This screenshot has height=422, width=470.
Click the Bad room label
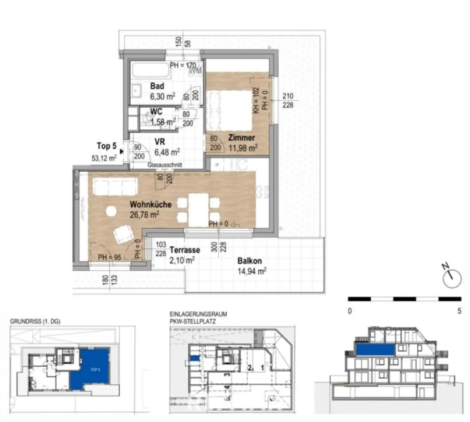click(x=157, y=86)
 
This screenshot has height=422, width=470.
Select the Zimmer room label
click(x=241, y=138)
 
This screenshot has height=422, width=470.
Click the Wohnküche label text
click(x=151, y=204)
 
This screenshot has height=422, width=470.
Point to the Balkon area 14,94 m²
click(x=252, y=271)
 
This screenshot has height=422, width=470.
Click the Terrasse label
click(x=185, y=250)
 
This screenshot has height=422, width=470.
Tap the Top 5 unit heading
click(x=106, y=146)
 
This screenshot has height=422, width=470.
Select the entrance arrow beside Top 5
click(x=121, y=151)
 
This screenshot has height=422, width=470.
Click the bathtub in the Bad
click(x=150, y=70)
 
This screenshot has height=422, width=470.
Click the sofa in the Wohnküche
click(x=115, y=187)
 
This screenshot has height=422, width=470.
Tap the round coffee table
click(x=111, y=211)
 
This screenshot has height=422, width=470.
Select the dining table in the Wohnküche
click(x=198, y=210)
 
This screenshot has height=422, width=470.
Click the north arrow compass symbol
click(x=452, y=278)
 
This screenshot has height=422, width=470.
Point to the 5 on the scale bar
click(x=459, y=311)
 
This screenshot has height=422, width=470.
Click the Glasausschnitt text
click(x=165, y=165)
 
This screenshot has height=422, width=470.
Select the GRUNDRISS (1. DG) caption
click(x=35, y=322)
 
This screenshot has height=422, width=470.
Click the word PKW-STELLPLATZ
click(x=192, y=322)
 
